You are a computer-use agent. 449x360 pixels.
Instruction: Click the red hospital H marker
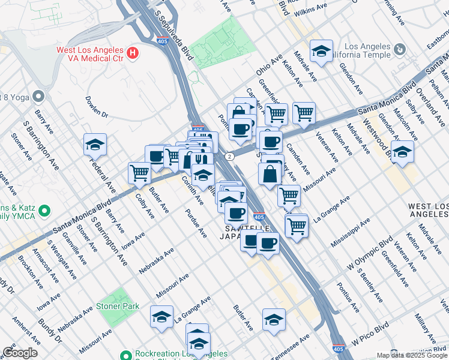pos(133,53)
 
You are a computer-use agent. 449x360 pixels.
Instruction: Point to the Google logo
pos(20,353)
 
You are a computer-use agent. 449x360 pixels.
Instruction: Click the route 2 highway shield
pos(230,157)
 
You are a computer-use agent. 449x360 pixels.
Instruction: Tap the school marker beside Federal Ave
pos(95,145)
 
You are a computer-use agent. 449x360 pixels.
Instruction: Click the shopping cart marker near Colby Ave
pos(139,173)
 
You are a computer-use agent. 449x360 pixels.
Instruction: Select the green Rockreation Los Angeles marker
pos(125,354)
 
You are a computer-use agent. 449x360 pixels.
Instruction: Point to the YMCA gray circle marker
pos(44,211)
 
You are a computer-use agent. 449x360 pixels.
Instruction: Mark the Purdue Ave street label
pos(196,223)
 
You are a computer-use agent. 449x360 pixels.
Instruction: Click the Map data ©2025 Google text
pos(412,355)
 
